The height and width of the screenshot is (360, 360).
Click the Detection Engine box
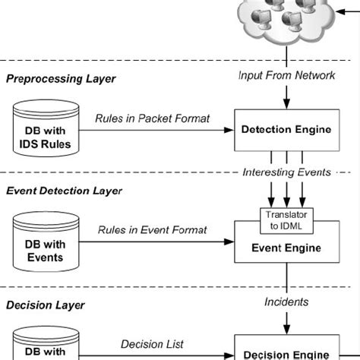[287, 129]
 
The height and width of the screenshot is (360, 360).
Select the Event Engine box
[287, 247]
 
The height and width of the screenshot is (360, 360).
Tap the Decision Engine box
[287, 352]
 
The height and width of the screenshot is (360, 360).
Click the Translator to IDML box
[286, 219]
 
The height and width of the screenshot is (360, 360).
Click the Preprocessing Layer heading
[60, 78]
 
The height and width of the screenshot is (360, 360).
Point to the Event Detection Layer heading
[65, 191]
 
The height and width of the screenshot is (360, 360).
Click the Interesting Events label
[286, 172]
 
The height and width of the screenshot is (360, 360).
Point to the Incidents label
[286, 302]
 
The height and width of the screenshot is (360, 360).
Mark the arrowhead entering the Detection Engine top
[286, 104]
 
